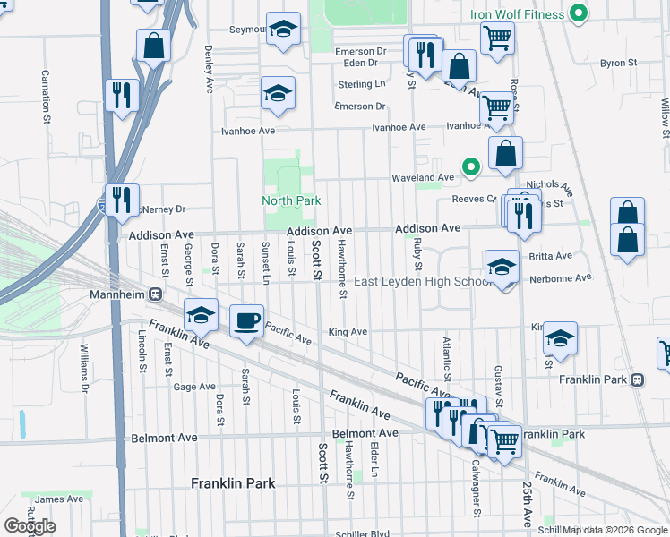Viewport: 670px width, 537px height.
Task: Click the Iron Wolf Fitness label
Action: (518, 14)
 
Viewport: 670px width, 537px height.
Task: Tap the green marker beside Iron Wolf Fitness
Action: (579, 13)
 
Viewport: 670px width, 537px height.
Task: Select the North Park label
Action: (291, 200)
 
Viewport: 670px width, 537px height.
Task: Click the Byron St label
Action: (618, 64)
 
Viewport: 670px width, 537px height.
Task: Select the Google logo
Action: (30, 526)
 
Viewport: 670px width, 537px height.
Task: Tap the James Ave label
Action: (60, 499)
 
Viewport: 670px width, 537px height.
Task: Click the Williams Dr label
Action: (86, 368)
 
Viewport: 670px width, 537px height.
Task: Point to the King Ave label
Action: (348, 332)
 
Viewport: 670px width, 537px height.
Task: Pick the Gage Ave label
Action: (194, 387)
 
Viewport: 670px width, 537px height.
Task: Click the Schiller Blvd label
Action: (366, 533)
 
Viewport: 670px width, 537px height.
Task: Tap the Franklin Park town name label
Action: (233, 483)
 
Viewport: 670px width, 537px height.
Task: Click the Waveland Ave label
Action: (422, 178)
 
